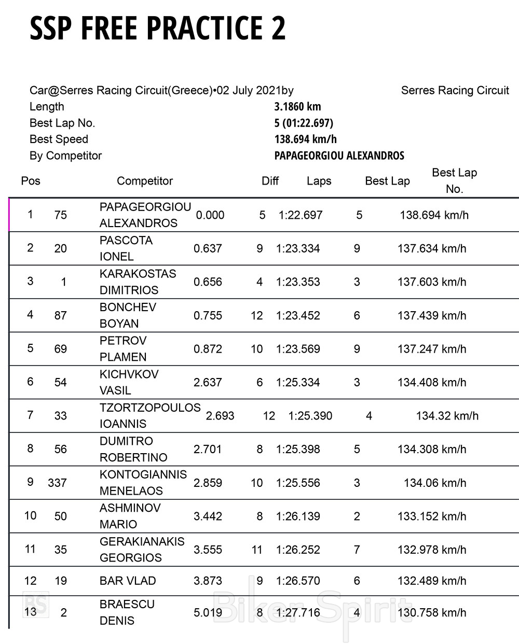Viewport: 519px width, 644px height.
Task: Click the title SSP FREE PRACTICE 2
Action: tap(157, 28)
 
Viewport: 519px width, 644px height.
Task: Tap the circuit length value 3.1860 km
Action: tap(297, 107)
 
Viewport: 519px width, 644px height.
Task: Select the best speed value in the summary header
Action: tap(305, 139)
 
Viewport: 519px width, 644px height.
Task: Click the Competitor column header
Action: tap(145, 181)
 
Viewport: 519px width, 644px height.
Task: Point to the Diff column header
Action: tap(270, 181)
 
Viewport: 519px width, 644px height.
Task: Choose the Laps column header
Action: tap(319, 181)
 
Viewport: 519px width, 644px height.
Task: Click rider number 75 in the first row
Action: tap(60, 215)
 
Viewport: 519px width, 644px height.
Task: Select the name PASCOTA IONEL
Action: tap(126, 248)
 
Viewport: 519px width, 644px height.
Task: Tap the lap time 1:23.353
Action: tap(298, 282)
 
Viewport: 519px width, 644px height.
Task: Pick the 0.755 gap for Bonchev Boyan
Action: tap(208, 315)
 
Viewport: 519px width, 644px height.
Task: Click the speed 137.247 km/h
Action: tap(432, 349)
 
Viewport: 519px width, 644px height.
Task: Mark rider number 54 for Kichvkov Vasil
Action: tap(60, 382)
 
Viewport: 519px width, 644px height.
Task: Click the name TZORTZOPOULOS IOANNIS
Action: tap(149, 415)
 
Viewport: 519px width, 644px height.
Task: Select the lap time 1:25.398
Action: tap(298, 449)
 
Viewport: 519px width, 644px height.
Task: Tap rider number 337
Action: tap(57, 483)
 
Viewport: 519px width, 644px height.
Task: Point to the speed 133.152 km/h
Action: tap(432, 516)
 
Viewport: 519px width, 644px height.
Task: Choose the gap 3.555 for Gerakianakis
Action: tap(208, 550)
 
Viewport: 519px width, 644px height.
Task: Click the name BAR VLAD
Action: tap(128, 581)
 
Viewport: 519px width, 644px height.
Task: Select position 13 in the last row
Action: tap(31, 611)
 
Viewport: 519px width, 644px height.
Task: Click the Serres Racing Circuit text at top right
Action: tap(455, 91)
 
